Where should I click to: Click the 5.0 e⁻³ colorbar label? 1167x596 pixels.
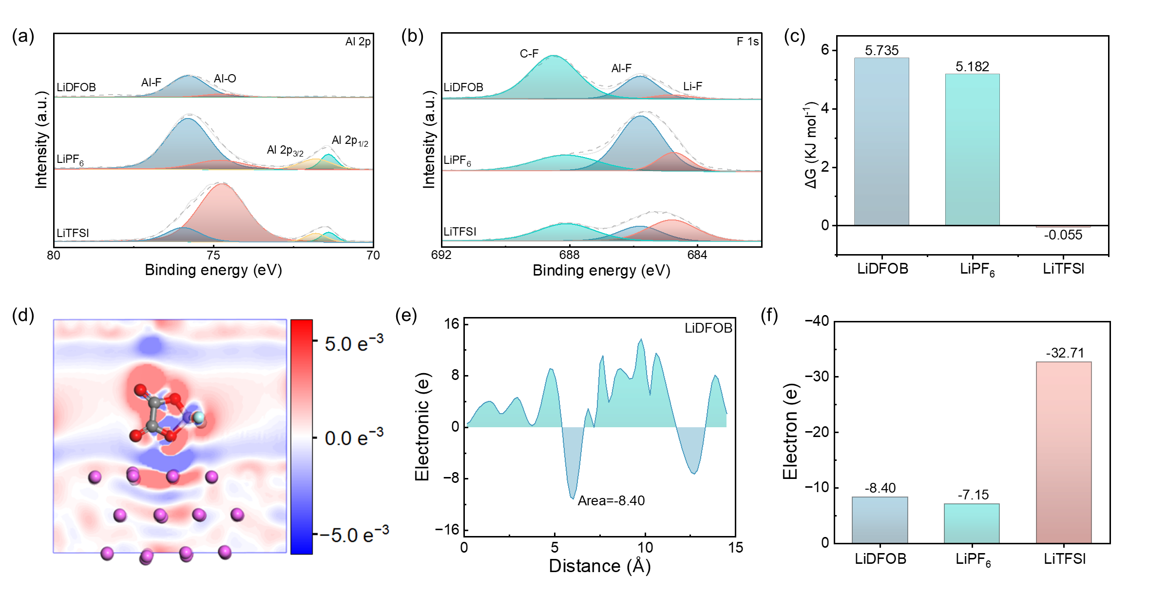click(x=354, y=343)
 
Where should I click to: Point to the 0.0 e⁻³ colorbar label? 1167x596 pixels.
click(x=354, y=437)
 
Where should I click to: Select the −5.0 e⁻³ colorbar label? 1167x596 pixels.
click(x=354, y=535)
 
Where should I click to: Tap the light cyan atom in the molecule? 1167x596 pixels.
click(x=198, y=417)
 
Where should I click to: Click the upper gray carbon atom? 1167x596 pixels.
click(x=155, y=403)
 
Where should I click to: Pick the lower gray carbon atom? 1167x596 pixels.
click(x=153, y=426)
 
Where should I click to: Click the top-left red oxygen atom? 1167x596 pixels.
click(x=140, y=390)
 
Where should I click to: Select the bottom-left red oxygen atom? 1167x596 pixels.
click(x=136, y=436)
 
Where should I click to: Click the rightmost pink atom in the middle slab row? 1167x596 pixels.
click(x=237, y=514)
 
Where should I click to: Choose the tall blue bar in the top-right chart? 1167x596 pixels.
click(x=881, y=141)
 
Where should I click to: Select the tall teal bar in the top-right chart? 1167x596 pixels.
click(x=972, y=149)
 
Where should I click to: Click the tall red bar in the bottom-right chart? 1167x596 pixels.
click(x=1064, y=452)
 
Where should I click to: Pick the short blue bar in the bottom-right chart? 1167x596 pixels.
click(x=880, y=520)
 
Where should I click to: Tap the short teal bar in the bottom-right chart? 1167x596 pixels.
click(x=972, y=523)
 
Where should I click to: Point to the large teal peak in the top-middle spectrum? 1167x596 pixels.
click(x=553, y=78)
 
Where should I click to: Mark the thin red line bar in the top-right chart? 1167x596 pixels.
click(x=1063, y=227)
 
